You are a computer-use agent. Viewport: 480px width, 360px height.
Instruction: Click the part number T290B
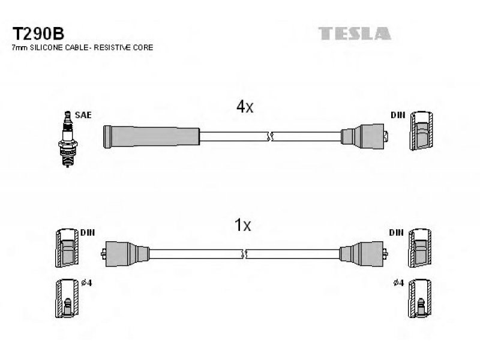(38, 34)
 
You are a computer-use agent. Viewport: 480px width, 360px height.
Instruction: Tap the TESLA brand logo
(355, 34)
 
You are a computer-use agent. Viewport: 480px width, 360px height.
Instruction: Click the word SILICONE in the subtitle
(49, 48)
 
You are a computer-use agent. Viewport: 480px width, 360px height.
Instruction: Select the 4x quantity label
(245, 107)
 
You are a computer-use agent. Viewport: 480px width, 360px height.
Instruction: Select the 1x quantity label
(242, 225)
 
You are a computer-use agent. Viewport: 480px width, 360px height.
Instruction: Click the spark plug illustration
(67, 139)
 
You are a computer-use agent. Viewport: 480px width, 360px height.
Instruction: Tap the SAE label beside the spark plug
(83, 115)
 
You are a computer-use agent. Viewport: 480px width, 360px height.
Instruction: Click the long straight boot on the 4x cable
(151, 137)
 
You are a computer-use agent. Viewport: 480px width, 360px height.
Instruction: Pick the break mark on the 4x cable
(269, 137)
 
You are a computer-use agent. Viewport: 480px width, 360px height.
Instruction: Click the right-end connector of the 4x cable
(364, 137)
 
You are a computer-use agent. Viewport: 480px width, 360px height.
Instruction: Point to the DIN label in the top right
(398, 115)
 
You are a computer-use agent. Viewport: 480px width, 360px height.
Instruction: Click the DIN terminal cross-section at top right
(422, 131)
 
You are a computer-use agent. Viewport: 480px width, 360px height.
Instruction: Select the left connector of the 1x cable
(125, 253)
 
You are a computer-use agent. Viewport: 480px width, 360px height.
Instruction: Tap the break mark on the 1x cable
(244, 254)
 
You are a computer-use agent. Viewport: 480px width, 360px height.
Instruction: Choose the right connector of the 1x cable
(364, 253)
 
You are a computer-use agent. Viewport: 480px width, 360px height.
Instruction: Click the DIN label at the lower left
(88, 233)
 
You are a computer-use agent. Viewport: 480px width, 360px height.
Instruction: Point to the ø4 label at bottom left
(86, 283)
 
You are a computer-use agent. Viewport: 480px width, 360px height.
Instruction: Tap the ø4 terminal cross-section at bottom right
(420, 298)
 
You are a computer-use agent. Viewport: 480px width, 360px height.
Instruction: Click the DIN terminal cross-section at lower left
(67, 248)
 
